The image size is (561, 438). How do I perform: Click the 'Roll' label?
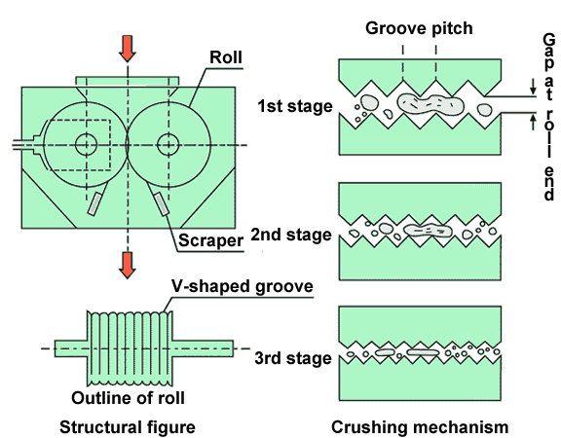click(226, 57)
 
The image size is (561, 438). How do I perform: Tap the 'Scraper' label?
click(210, 239)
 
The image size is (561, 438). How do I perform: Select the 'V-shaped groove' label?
click(243, 286)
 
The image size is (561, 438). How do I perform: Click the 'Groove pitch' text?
click(419, 28)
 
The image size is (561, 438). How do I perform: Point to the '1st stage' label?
click(295, 106)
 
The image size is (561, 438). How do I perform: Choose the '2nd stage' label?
click(291, 235)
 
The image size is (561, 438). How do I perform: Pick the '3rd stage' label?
click(293, 358)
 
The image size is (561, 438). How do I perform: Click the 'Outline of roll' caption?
click(129, 398)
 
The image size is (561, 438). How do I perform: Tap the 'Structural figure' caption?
click(128, 427)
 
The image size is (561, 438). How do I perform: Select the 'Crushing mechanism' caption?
click(420, 427)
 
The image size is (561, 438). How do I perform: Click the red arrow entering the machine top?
click(128, 49)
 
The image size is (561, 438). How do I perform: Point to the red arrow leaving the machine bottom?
click(128, 265)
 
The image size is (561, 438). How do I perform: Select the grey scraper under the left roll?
click(94, 203)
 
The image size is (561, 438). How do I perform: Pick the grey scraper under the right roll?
click(162, 203)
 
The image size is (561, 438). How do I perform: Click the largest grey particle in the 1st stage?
click(430, 104)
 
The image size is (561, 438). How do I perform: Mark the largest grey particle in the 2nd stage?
click(428, 231)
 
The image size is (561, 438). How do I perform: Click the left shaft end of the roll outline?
click(71, 348)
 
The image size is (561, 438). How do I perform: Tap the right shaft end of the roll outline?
click(204, 348)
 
